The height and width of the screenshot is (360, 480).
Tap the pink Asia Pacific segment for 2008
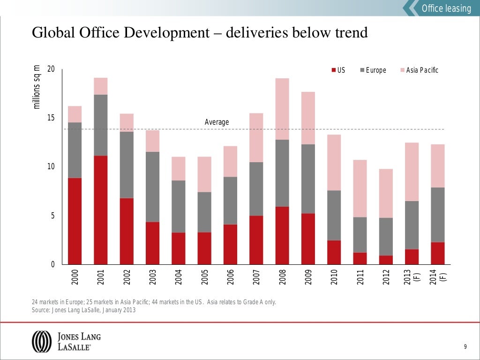[282, 109]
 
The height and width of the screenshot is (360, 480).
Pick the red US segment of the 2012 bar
[385, 260]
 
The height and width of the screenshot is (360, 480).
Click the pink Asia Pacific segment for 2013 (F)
[412, 172]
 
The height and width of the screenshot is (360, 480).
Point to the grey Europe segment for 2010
[334, 215]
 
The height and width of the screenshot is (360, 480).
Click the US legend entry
[338, 70]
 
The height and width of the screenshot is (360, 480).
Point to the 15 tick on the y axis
[51, 118]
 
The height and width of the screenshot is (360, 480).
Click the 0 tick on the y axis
[52, 265]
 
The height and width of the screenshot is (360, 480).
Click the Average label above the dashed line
[217, 122]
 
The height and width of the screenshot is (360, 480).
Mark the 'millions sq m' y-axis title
[37, 87]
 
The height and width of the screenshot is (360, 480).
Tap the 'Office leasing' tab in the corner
[446, 8]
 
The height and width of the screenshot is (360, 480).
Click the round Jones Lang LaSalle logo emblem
[41, 341]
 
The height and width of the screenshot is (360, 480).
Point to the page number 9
[465, 347]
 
